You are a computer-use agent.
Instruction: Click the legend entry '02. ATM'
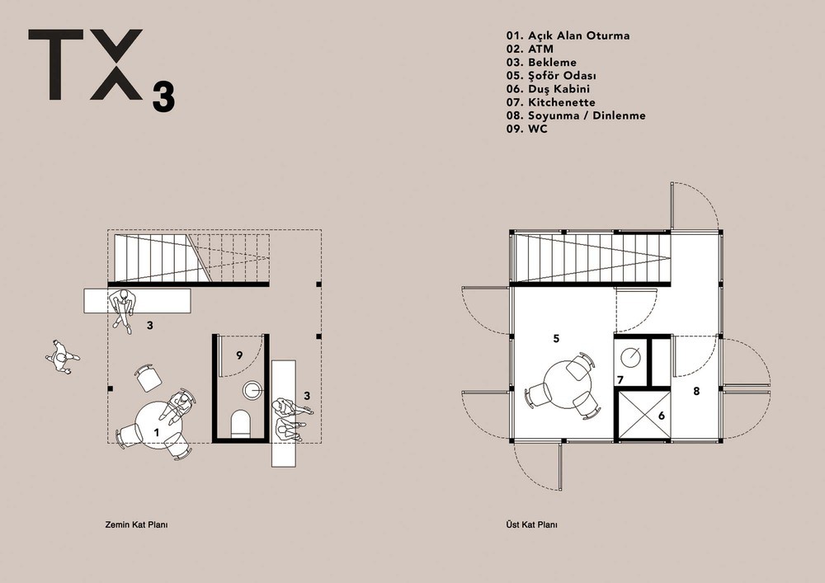[x=530, y=49]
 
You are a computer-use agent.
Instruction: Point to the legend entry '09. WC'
[x=526, y=129]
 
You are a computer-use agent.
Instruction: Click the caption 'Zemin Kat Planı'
[x=136, y=524]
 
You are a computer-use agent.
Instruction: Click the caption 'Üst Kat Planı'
[x=531, y=524]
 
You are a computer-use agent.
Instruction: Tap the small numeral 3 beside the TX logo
[x=163, y=97]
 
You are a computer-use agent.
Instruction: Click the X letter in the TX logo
[x=115, y=64]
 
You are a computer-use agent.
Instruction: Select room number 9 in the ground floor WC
[x=239, y=355]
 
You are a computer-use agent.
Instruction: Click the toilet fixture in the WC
[x=241, y=424]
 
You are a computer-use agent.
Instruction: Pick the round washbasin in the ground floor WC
[x=252, y=390]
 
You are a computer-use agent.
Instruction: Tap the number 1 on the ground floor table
[x=156, y=433]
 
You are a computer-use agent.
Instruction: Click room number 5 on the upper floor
[x=556, y=339]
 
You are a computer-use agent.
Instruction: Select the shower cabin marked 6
[x=643, y=415]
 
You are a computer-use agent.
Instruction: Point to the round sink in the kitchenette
[x=630, y=357]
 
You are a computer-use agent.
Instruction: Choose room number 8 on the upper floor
[x=696, y=391]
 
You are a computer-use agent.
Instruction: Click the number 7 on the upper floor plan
[x=620, y=379]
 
